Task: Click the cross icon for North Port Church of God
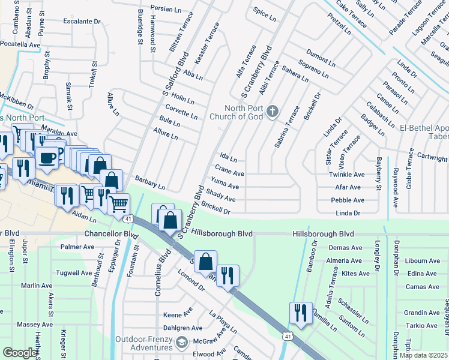click(272, 110)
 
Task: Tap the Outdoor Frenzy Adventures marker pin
click(182, 343)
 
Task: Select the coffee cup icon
click(47, 158)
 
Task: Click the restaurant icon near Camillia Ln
click(301, 313)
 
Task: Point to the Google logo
click(20, 353)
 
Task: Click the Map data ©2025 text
click(423, 355)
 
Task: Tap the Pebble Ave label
click(347, 200)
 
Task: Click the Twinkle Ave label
click(346, 175)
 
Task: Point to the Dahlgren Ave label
click(182, 328)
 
